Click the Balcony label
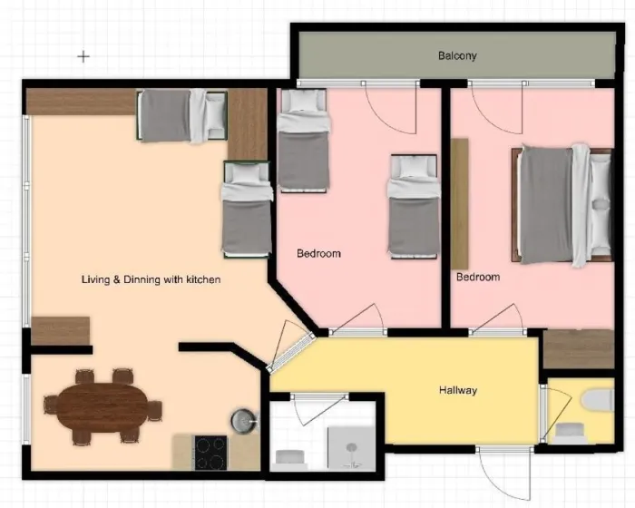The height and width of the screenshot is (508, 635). pos(457,55)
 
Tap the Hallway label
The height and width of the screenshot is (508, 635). pos(458,390)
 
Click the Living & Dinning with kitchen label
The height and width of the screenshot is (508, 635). pos(151,279)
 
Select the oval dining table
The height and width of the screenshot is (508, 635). pos(102,407)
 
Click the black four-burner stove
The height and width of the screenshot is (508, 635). pos(211,453)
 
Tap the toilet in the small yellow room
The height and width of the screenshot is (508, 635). pos(597,400)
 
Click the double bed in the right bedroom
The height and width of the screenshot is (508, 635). pos(562,205)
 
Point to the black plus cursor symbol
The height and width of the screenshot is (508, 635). pos(83,57)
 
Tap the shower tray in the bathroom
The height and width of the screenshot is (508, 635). pos(351,448)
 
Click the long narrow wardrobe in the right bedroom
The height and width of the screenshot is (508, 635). pos(460,204)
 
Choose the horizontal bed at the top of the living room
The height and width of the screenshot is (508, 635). pos(181,116)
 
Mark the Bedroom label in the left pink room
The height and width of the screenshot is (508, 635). pos(318,254)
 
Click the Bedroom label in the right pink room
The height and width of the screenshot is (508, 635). pos(478,277)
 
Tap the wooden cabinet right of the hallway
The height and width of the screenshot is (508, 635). pos(579,348)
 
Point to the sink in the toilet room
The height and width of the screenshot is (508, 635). pos(570,434)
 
